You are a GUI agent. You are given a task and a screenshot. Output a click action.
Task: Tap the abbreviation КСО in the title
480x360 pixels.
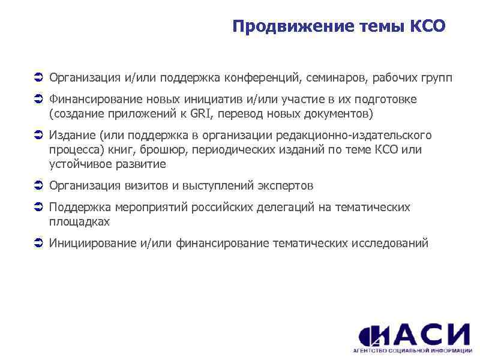(427, 26)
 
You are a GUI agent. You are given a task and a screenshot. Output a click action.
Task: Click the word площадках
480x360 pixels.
(79, 221)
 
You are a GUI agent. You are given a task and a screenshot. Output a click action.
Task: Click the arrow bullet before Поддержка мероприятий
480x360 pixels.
(37, 208)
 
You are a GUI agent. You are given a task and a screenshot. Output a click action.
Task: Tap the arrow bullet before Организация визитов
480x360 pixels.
(37, 185)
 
